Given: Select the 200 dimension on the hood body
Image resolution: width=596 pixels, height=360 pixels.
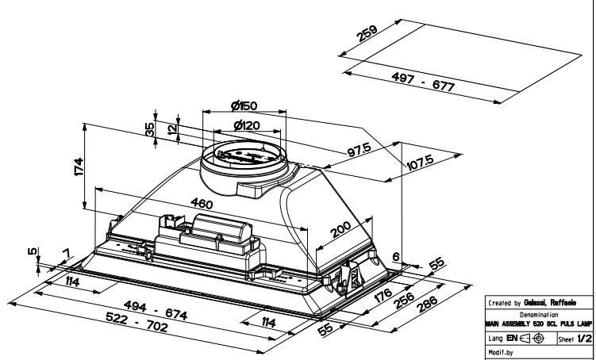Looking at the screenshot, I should tap(340, 231).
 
